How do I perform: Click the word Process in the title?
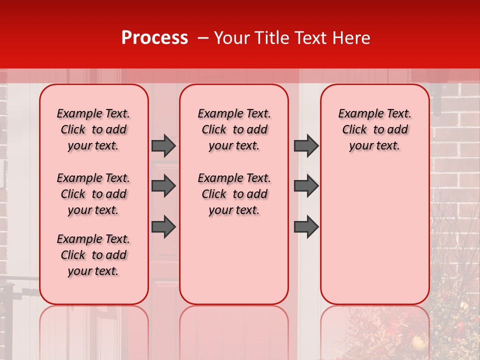point(154,38)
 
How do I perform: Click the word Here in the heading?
point(351,38)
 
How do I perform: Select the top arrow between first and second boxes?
point(163,145)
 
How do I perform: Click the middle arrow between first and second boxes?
point(163,186)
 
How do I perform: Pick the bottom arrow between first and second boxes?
point(163,227)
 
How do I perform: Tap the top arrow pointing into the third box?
point(306,145)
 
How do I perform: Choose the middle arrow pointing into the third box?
point(306,186)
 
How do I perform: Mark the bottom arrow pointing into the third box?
point(306,227)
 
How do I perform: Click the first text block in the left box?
point(93,129)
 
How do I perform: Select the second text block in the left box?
point(93,194)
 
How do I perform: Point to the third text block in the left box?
point(93,255)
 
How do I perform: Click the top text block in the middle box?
point(234,129)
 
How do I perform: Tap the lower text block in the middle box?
point(234,194)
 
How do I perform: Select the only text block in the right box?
point(374,129)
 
